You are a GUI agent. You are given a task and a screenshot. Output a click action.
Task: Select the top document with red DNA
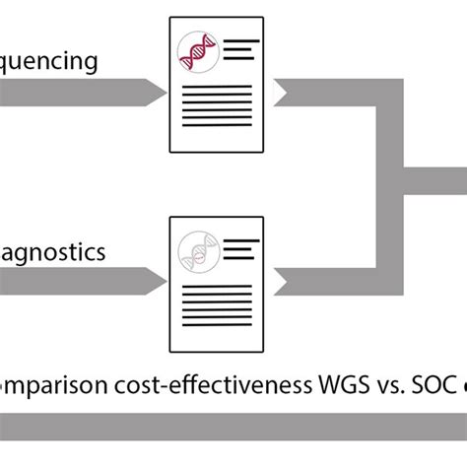(217, 84)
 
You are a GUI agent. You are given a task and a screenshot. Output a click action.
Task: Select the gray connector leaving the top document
(335, 94)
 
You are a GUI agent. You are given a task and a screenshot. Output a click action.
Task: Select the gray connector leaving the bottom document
(335, 281)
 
